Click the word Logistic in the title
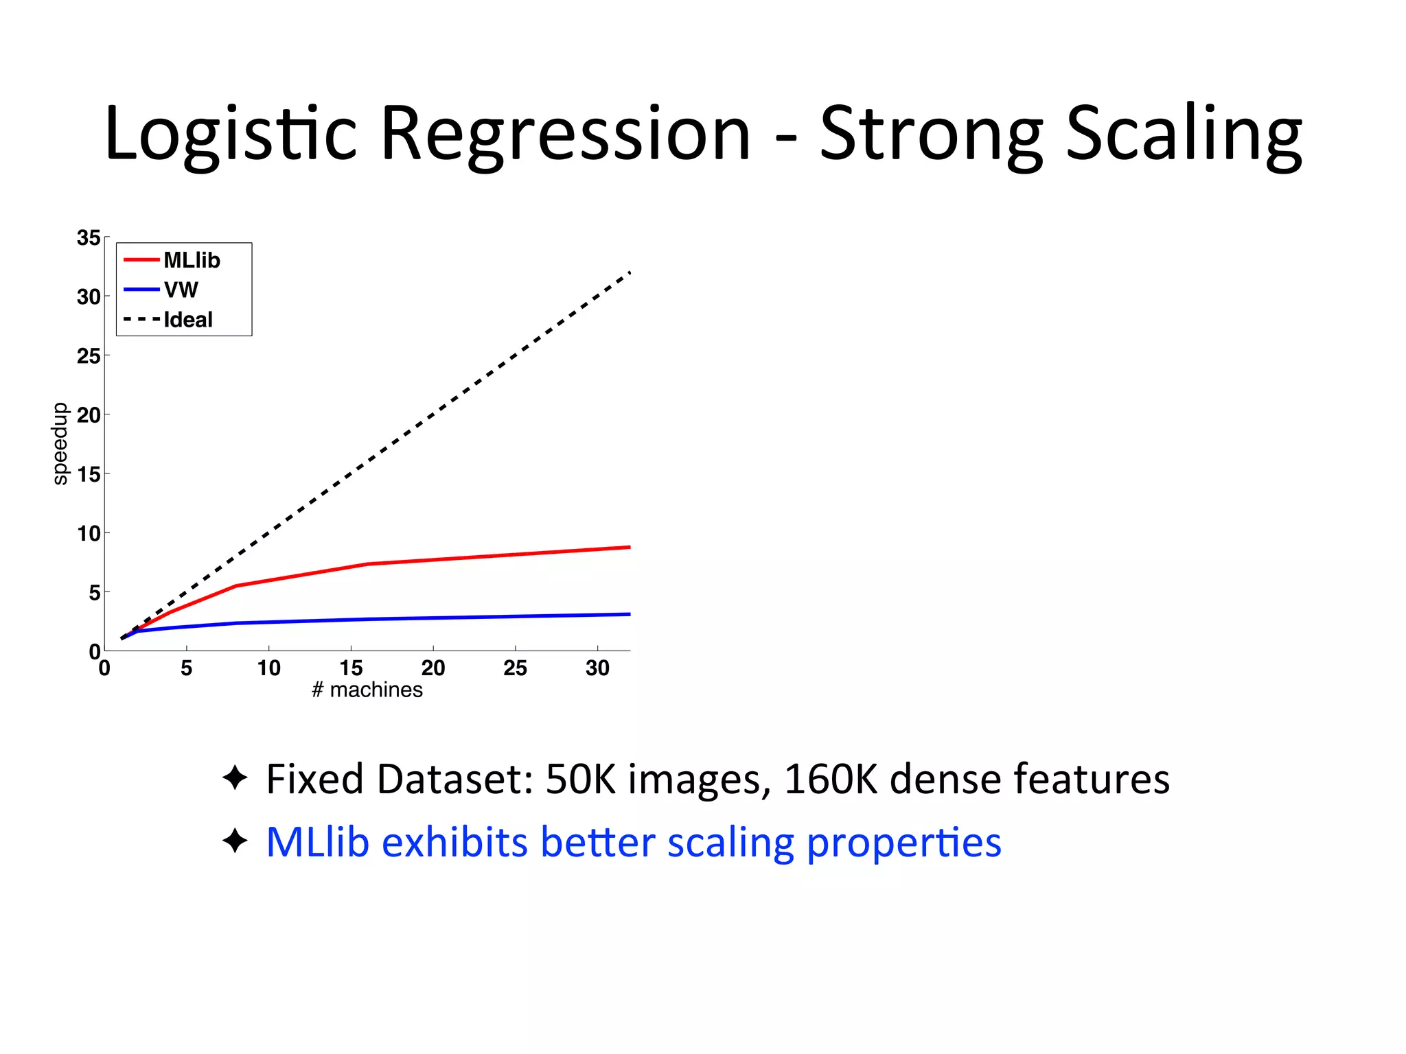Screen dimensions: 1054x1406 click(231, 134)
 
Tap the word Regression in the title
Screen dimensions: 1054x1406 click(565, 134)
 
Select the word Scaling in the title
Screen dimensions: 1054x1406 click(1183, 134)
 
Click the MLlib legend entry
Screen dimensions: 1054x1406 click(192, 260)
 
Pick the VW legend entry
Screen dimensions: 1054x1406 click(181, 290)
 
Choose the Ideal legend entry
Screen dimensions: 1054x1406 click(187, 320)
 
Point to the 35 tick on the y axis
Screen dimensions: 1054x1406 click(89, 238)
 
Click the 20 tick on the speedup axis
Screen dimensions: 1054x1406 click(89, 415)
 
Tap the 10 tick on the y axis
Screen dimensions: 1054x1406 click(89, 533)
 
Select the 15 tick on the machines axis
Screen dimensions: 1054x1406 click(351, 668)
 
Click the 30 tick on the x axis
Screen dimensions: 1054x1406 click(597, 668)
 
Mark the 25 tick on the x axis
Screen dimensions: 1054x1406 click(515, 668)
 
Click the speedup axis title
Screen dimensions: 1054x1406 click(60, 443)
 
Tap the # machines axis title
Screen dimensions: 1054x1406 click(367, 690)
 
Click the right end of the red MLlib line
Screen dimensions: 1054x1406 click(628, 548)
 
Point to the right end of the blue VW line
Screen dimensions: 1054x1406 click(628, 614)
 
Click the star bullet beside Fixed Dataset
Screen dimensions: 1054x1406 click(235, 778)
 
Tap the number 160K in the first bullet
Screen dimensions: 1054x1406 click(830, 779)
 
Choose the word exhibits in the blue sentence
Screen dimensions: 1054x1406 click(454, 842)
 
